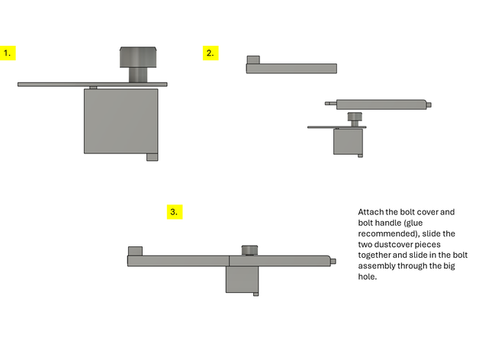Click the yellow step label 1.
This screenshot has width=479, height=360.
tap(8, 53)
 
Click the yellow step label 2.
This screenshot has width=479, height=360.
tap(211, 53)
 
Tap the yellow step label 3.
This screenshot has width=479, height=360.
tap(175, 212)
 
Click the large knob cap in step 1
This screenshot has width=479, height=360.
tap(138, 57)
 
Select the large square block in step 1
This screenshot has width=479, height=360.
tap(121, 121)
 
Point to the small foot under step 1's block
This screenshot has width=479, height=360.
tap(153, 157)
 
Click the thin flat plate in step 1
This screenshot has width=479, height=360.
tap(92, 85)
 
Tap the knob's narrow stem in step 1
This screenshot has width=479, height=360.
tap(138, 75)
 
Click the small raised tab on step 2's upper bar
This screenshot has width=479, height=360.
tap(253, 59)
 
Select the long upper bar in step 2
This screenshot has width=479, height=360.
tap(291, 69)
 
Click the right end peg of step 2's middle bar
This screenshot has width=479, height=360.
tap(429, 104)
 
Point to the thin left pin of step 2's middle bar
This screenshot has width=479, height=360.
tap(330, 104)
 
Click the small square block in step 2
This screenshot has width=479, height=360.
tap(348, 142)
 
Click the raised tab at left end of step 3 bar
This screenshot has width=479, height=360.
tap(135, 251)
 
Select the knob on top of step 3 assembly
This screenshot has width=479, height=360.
tap(249, 250)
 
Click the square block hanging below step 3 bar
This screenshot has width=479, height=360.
tap(243, 279)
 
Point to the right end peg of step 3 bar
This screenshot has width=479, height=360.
tap(333, 262)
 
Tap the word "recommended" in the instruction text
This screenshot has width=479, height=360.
tap(386, 234)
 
